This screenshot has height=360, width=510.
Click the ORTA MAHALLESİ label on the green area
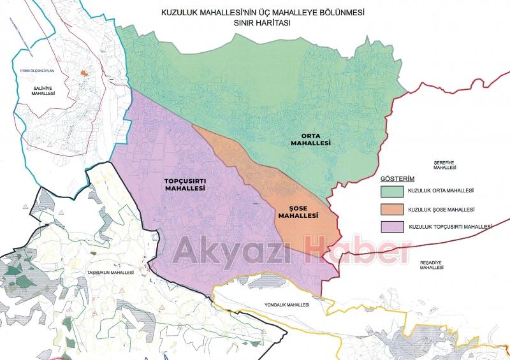pyautogui.click(x=310, y=139)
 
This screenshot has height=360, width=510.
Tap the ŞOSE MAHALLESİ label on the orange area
pyautogui.click(x=297, y=212)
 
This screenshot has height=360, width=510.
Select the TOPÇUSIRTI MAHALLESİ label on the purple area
pyautogui.click(x=184, y=185)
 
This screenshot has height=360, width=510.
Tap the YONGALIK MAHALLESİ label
pyautogui.click(x=288, y=305)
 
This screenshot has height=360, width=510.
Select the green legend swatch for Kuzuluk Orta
pyautogui.click(x=391, y=191)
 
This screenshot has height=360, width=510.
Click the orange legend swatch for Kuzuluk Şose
pyautogui.click(x=391, y=209)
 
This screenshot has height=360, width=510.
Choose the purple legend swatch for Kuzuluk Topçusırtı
pyautogui.click(x=391, y=227)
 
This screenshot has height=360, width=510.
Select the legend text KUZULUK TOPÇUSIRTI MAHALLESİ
pyautogui.click(x=450, y=227)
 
